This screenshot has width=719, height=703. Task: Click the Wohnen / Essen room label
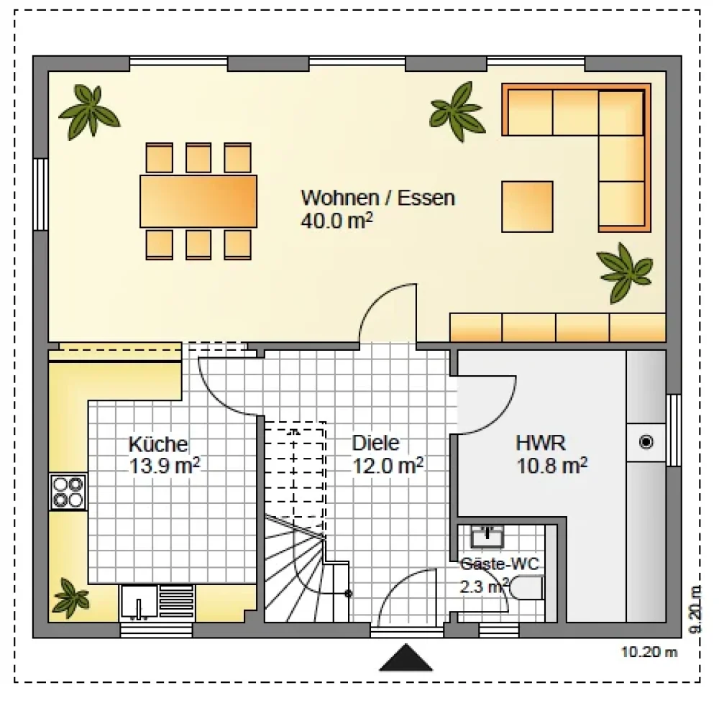[x=378, y=198]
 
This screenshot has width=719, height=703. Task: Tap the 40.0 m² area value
[x=336, y=221]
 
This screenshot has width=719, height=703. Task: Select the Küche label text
[x=159, y=444]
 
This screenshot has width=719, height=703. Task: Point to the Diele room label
[x=375, y=443]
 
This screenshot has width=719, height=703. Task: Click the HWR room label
[x=541, y=443]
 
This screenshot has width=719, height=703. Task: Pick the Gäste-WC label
[x=500, y=564]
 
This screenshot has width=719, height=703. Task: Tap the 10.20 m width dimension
[x=649, y=652]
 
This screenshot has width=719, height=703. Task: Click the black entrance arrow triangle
[x=406, y=658]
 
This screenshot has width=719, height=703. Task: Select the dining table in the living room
[x=198, y=201]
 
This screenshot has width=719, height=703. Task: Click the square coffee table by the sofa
[x=527, y=207]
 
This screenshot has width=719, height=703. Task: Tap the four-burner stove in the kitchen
[x=68, y=492]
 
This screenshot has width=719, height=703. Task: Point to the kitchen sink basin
[x=139, y=601]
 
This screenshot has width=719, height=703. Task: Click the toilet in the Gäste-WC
[x=526, y=588]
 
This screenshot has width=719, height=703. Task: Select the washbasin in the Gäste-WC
[x=487, y=537]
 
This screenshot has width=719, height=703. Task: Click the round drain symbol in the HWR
[x=646, y=442]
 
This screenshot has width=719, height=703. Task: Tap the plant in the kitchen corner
[x=70, y=598]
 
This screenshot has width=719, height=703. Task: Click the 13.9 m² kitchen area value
[x=164, y=466]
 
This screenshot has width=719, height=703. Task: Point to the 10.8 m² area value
[x=551, y=466]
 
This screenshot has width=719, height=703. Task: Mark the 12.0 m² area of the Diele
[x=388, y=466]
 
